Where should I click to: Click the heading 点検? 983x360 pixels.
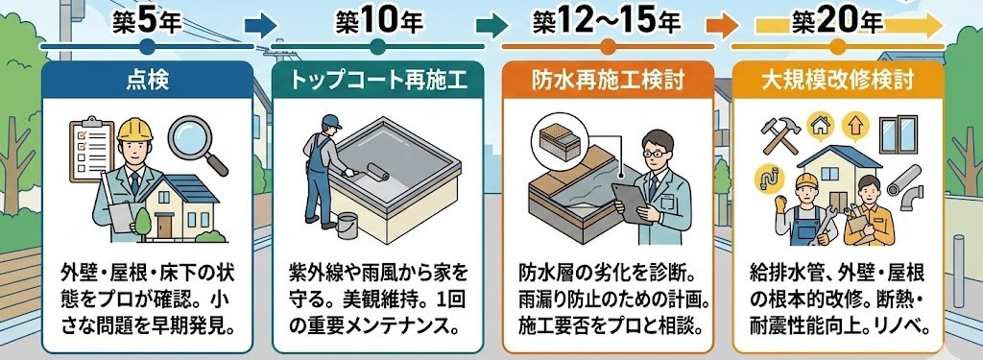click(147, 80)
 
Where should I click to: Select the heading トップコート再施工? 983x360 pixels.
click(377, 80)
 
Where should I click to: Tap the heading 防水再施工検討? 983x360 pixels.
click(608, 80)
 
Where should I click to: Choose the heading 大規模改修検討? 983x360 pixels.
click(837, 80)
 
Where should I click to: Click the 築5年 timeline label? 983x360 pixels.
click(147, 23)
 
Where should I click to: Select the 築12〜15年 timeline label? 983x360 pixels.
click(607, 23)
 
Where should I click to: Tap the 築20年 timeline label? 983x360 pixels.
click(837, 23)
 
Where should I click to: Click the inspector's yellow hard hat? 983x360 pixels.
click(134, 130)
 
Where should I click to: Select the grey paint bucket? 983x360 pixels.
click(348, 226)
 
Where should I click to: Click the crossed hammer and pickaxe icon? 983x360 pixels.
click(779, 134)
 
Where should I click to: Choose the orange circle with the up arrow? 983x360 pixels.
click(852, 127)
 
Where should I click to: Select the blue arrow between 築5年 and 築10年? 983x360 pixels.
click(260, 26)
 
